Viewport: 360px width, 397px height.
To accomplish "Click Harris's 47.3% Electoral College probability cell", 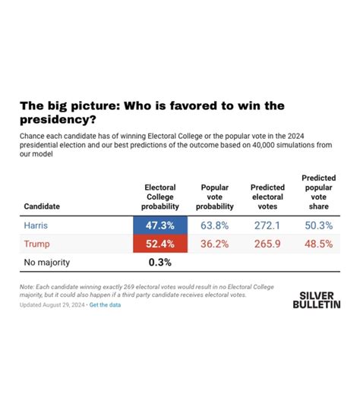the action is point(160,225).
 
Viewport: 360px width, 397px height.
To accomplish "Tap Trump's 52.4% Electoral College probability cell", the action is point(160,244).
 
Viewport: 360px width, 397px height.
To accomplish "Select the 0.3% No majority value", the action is point(159,263).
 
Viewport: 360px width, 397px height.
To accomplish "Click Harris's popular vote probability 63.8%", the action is point(215,225).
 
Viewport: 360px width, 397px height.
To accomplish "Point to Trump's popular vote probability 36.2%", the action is point(215,244).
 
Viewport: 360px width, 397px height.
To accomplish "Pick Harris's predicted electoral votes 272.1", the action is point(267,225).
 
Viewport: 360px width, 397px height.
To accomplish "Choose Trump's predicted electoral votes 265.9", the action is point(267,244).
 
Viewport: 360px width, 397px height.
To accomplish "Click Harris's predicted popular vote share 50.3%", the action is point(319,225).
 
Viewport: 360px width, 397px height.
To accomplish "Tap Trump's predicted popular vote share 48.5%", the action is point(319,244).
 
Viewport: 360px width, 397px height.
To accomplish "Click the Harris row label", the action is point(36,225).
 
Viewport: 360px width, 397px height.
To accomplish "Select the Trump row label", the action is point(36,244).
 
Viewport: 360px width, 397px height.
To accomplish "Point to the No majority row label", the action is point(47,263).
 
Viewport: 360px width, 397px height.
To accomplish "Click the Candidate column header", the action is point(42,206).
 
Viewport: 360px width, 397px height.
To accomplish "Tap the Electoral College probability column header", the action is point(160,197).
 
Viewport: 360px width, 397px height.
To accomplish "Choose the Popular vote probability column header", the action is point(215,197).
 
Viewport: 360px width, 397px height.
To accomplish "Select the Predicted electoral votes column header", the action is point(267,197).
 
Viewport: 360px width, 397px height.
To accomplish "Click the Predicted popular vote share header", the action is point(319,192).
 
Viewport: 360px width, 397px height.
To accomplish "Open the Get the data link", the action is point(105,305).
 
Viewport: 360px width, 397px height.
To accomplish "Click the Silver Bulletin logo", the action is point(317,300).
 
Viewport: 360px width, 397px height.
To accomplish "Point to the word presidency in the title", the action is point(58,119).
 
